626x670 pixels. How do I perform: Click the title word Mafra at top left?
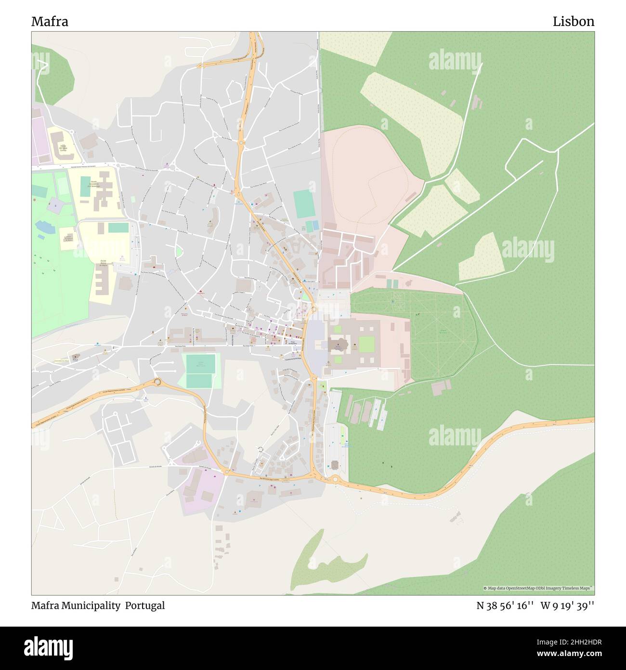[x=50, y=22]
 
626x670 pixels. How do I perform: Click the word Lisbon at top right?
[x=573, y=22]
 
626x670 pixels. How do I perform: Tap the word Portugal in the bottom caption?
[x=145, y=605]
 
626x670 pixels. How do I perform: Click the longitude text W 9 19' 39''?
[x=567, y=605]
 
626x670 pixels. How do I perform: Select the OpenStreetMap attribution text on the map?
[x=538, y=588]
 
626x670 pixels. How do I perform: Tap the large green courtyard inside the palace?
[x=366, y=344]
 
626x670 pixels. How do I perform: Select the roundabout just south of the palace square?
[x=313, y=379]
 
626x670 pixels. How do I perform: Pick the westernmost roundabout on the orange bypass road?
[x=157, y=382]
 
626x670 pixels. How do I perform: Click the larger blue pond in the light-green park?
[x=42, y=226]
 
